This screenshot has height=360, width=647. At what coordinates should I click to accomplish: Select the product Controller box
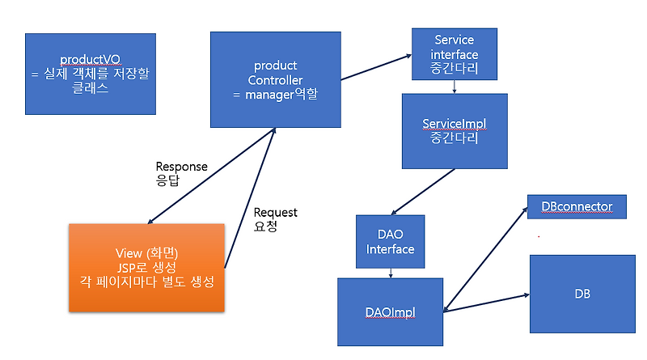click(x=275, y=78)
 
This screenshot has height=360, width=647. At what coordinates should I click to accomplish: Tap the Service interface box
click(x=454, y=54)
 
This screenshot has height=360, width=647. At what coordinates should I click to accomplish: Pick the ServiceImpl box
click(x=455, y=131)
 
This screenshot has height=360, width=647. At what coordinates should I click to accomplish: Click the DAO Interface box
click(x=390, y=241)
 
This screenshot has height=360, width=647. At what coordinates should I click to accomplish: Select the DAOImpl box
click(x=391, y=311)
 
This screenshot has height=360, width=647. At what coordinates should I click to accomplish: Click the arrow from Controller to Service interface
click(x=375, y=68)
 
